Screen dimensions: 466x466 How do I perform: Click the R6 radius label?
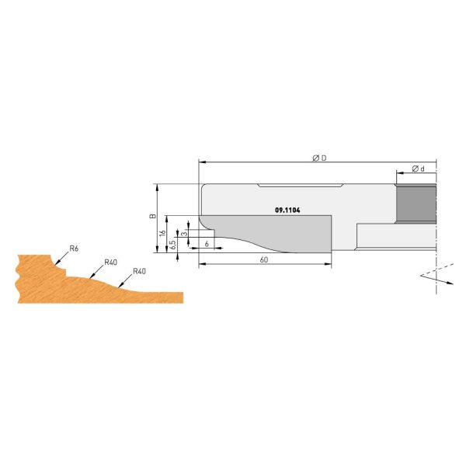(74, 248)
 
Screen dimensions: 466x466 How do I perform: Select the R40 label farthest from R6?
(140, 271)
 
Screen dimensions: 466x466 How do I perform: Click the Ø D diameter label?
(318, 158)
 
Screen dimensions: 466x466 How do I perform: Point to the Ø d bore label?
(416, 169)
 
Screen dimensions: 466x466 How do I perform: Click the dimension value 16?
(163, 232)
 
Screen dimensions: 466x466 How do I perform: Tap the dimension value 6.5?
(172, 243)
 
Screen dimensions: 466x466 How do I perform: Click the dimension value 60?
(264, 259)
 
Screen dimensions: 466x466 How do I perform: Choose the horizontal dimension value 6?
(207, 244)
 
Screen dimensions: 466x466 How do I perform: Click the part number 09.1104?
(288, 210)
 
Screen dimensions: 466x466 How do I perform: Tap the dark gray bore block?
(416, 203)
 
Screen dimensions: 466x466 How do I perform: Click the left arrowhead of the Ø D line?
(202, 162)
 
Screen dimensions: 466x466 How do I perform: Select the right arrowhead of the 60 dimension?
(329, 264)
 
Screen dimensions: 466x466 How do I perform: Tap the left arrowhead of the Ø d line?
(398, 173)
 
